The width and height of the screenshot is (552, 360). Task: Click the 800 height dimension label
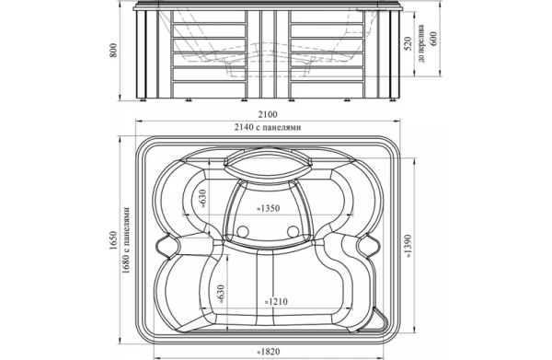112,51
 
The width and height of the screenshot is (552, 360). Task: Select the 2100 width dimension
268,114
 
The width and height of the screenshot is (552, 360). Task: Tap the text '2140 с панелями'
268,127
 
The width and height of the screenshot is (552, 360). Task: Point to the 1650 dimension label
112,241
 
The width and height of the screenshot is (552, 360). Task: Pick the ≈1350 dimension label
268,208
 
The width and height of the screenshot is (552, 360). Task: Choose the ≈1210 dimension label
276,302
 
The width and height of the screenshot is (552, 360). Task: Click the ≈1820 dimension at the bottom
269,351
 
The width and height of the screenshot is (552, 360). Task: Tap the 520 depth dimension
408,43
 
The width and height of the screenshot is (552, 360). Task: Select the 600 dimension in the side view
433,39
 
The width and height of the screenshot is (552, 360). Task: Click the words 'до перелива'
420,43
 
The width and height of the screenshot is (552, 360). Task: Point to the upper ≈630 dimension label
202,198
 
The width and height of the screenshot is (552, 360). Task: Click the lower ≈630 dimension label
221,294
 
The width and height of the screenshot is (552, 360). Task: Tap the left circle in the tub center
243,231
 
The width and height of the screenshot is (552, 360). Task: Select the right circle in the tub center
293,231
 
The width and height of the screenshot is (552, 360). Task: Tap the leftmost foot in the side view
144,100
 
